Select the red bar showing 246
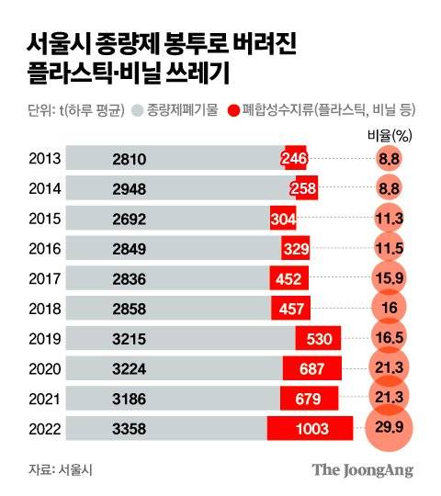tap(294, 159)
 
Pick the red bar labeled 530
tap(319, 339)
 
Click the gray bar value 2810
tap(129, 159)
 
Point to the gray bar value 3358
tap(129, 428)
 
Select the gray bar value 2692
tap(129, 219)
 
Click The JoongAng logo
tap(362, 469)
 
